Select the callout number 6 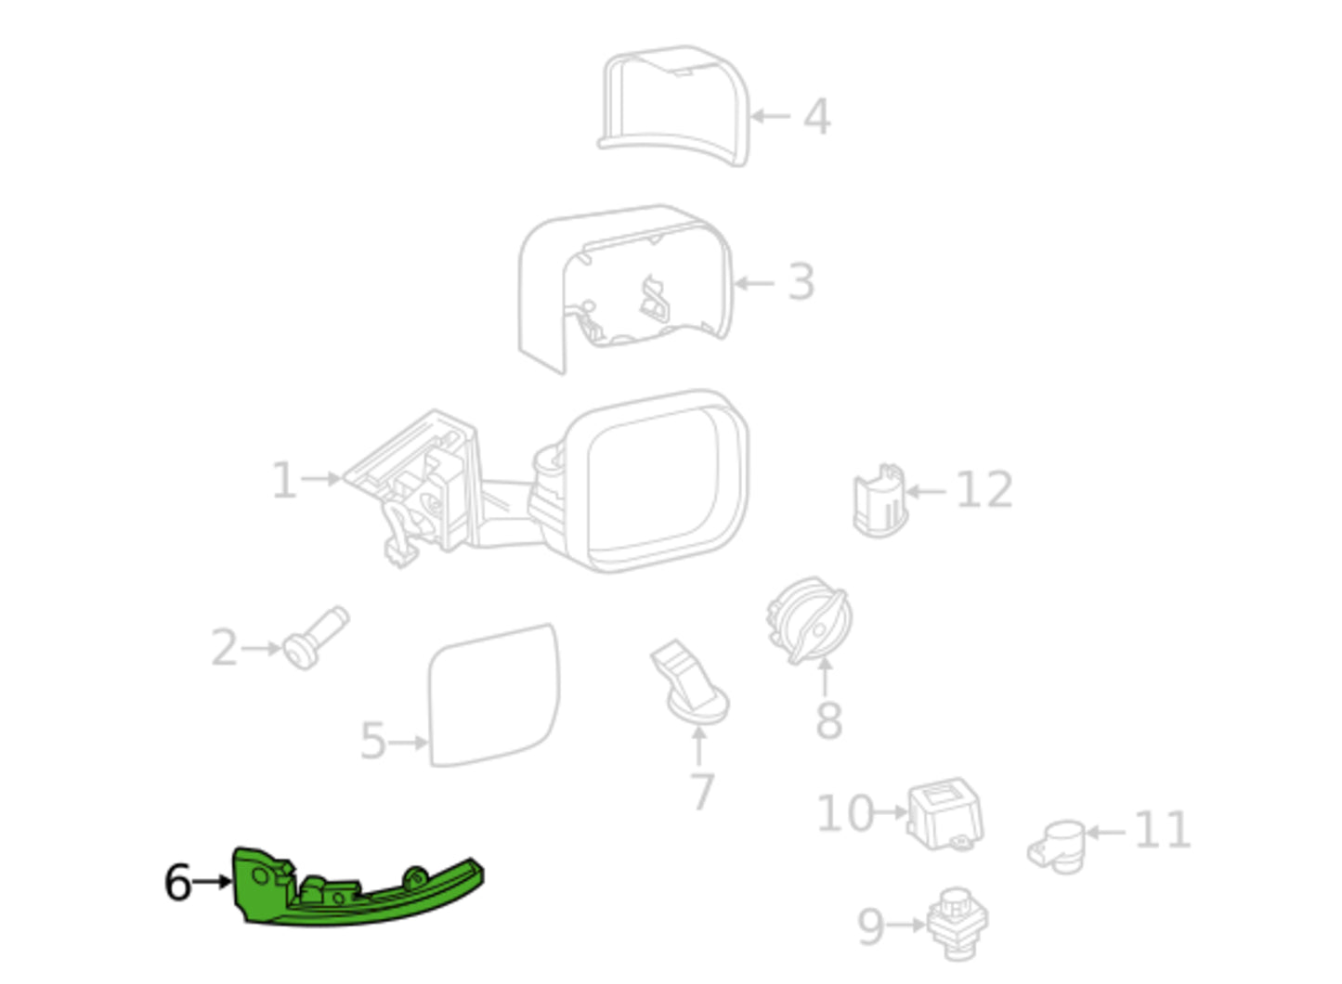[177, 883]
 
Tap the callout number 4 [816, 117]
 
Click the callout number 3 [801, 282]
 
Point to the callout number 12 [984, 490]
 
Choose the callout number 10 [845, 813]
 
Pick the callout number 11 [1162, 830]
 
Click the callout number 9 [871, 927]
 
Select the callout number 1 [284, 480]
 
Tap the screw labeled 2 [315, 639]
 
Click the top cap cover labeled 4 [674, 106]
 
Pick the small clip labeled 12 [880, 500]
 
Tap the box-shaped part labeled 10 [945, 814]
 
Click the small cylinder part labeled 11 [1056, 848]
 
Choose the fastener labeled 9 [957, 924]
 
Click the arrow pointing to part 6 [212, 882]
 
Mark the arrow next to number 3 [754, 283]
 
